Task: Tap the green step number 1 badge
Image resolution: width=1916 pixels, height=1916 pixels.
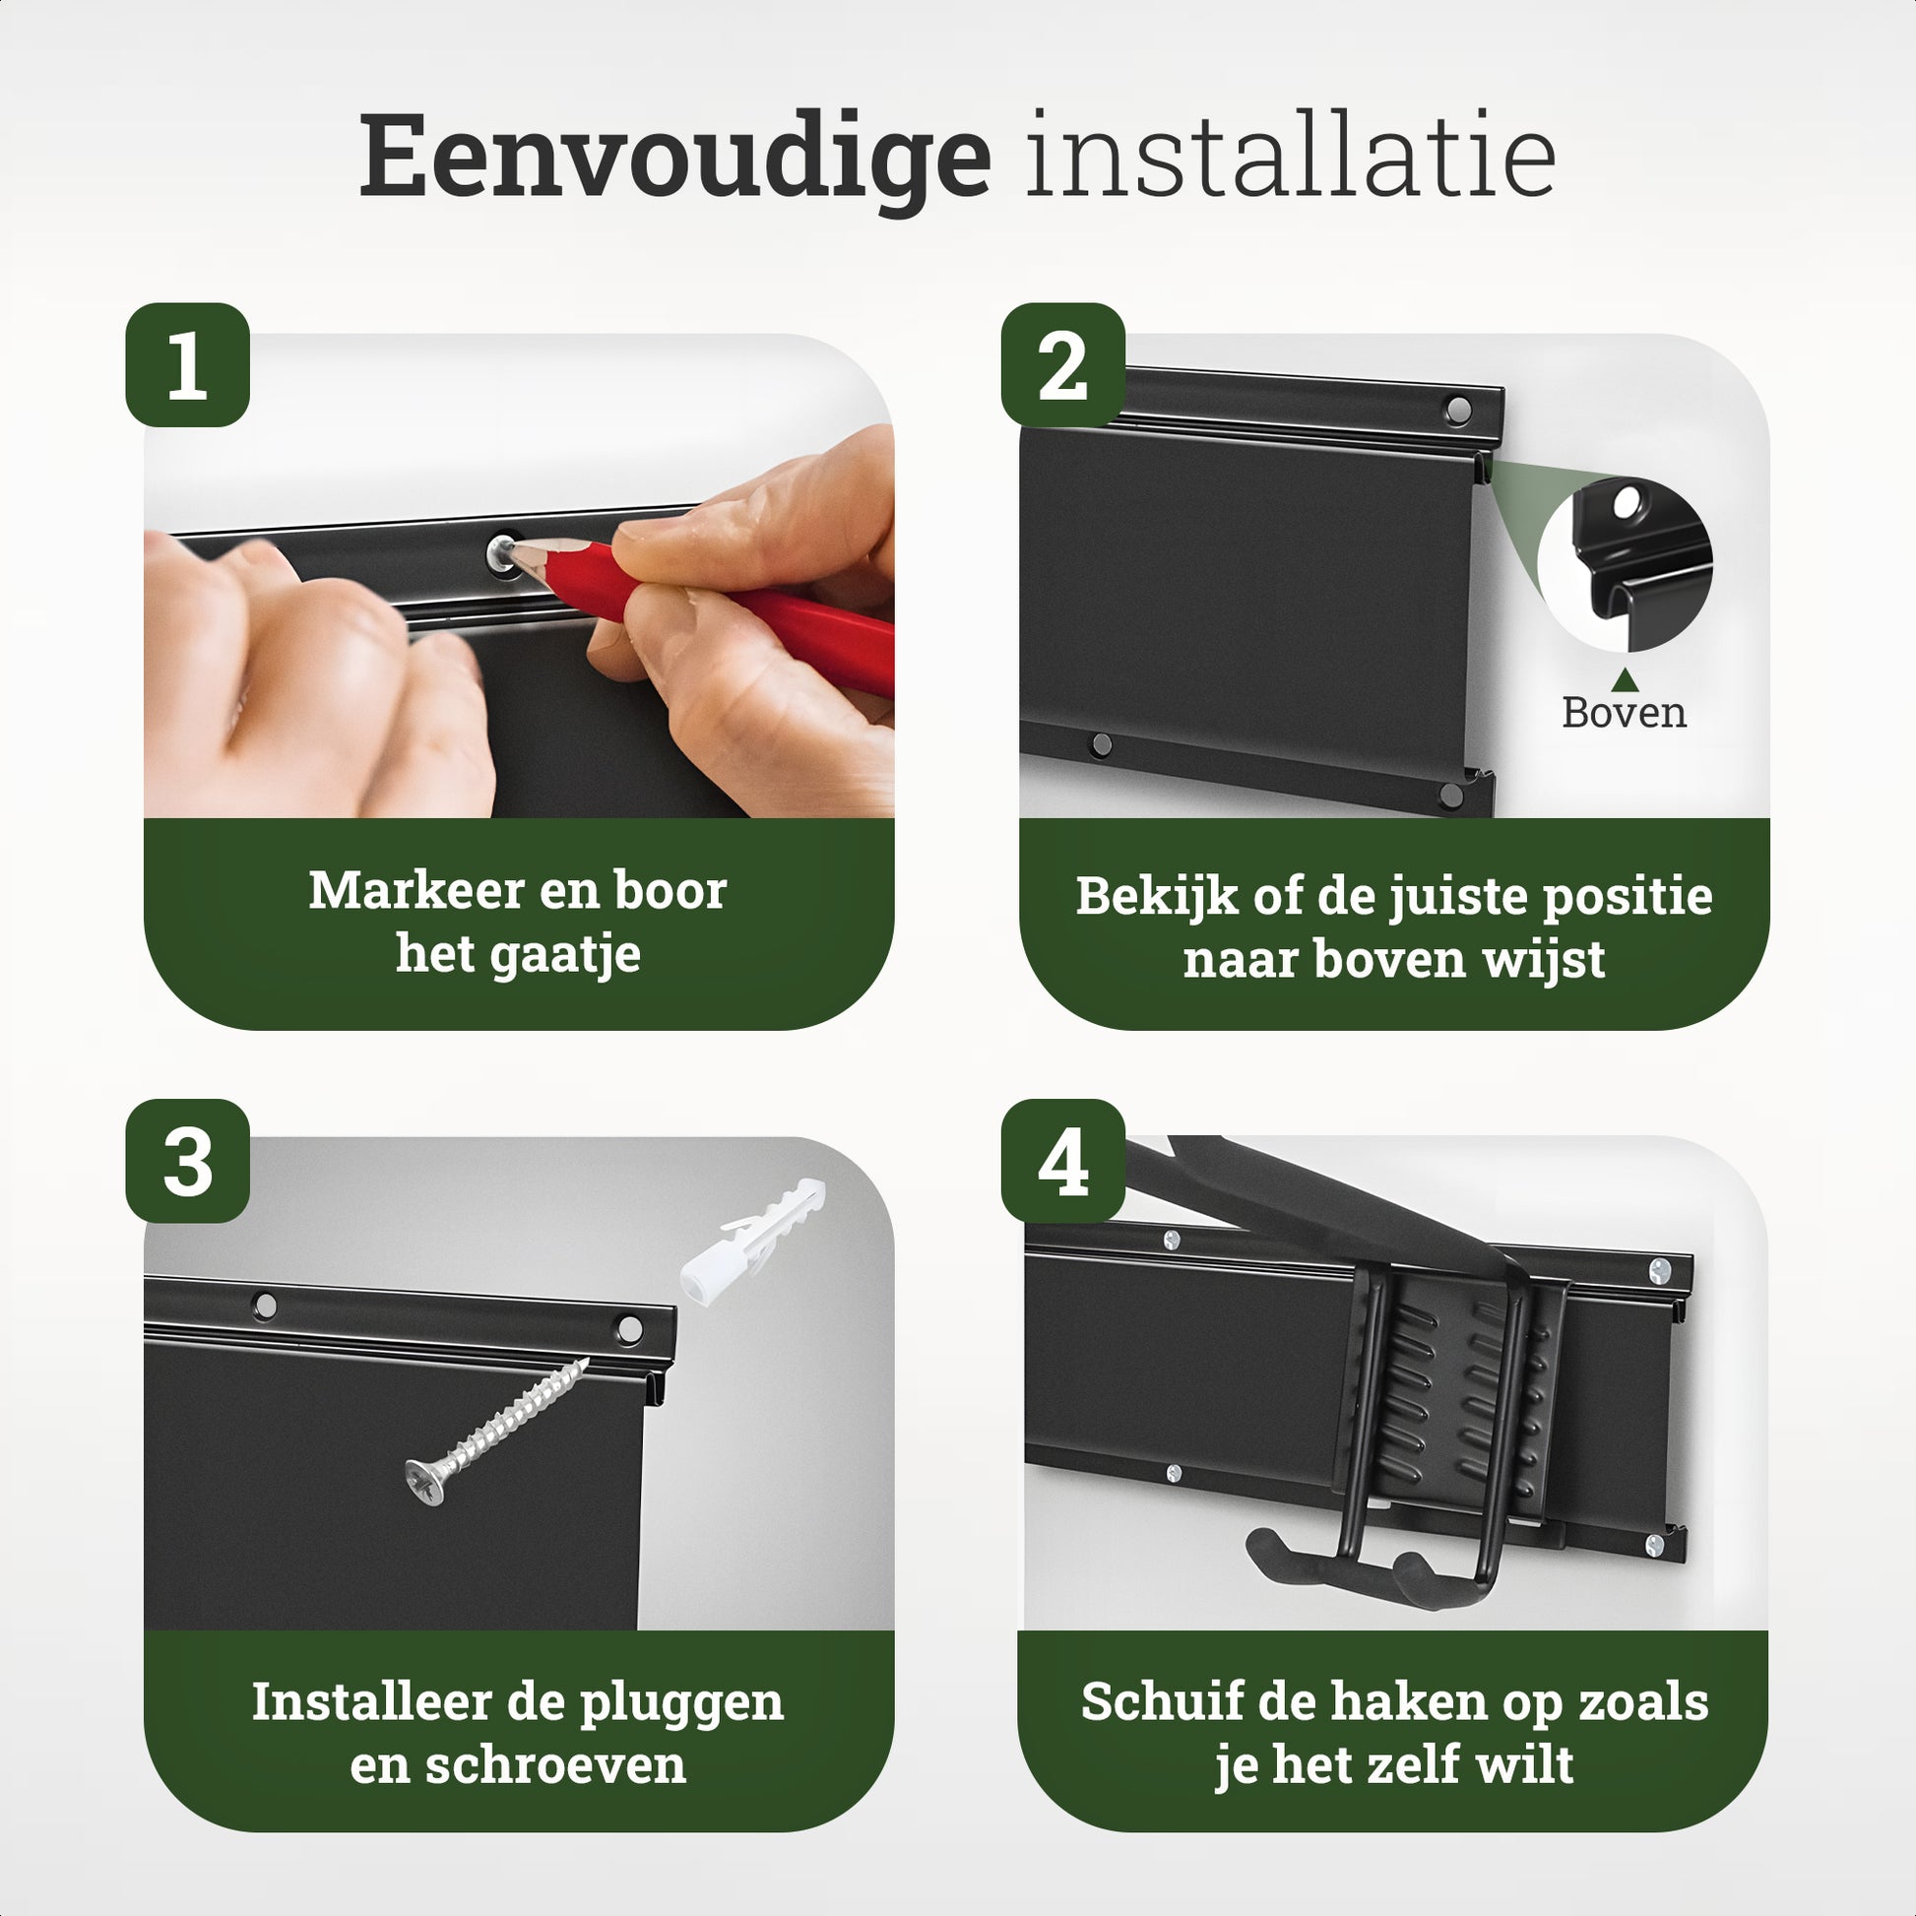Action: pyautogui.click(x=187, y=365)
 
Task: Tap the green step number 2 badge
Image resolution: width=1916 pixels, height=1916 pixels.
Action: pyautogui.click(x=1062, y=365)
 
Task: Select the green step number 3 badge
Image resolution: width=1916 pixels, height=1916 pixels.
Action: pyautogui.click(x=187, y=1161)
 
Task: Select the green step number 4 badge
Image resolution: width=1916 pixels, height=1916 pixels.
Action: pyautogui.click(x=1062, y=1161)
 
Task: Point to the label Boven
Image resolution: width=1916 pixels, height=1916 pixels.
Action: pyautogui.click(x=1624, y=712)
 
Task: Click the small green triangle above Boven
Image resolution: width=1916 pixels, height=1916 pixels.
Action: pyautogui.click(x=1624, y=679)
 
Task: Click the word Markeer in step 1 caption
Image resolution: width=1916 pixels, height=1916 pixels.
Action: pyautogui.click(x=404, y=891)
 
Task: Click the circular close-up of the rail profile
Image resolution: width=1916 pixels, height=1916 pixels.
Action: pyautogui.click(x=1625, y=563)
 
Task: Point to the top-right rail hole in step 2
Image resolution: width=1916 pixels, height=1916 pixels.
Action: pyautogui.click(x=1459, y=409)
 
